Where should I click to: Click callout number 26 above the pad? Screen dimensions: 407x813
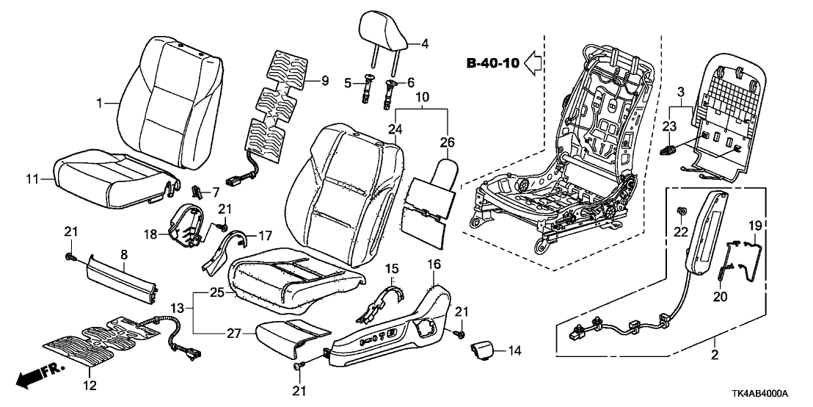pos(447,141)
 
